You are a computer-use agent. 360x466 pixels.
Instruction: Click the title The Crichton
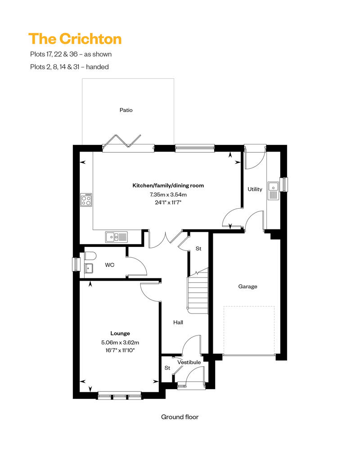(x=75, y=39)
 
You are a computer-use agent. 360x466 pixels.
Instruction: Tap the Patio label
(x=126, y=110)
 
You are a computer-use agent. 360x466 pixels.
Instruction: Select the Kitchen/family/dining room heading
(x=168, y=185)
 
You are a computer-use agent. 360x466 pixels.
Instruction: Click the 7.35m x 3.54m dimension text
(x=168, y=195)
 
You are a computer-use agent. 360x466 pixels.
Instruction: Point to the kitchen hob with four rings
(x=86, y=200)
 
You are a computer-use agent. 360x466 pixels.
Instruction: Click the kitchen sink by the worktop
(x=117, y=237)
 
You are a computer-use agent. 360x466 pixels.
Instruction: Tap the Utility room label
(x=255, y=189)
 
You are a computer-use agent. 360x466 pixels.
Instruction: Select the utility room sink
(x=273, y=191)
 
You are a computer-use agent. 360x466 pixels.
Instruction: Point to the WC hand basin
(x=89, y=268)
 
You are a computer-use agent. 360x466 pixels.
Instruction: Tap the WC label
(x=110, y=265)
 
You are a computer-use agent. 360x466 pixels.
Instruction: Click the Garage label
(x=247, y=287)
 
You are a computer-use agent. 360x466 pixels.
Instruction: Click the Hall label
(x=178, y=322)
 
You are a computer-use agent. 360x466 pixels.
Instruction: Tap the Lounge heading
(x=120, y=333)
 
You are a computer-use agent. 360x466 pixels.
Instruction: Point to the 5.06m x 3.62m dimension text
(x=120, y=342)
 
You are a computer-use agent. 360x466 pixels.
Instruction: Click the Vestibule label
(x=189, y=362)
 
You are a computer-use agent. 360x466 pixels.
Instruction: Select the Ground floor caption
(x=180, y=417)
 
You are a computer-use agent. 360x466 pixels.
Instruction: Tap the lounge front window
(x=120, y=395)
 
